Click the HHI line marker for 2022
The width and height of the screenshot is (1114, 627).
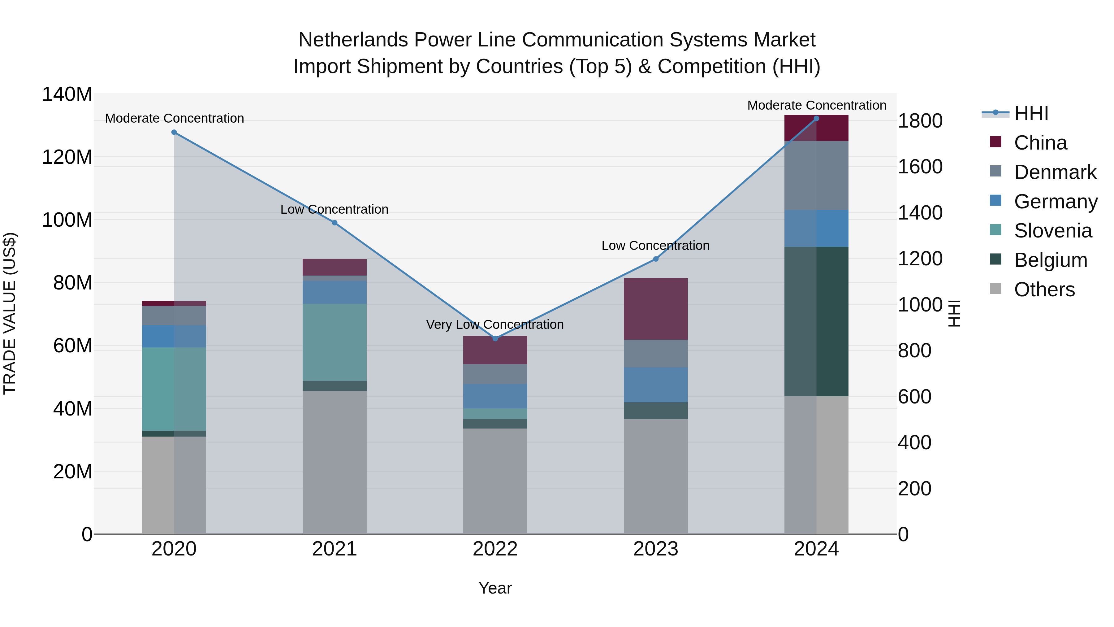pos(495,338)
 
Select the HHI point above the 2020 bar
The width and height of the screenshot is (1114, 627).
pos(174,132)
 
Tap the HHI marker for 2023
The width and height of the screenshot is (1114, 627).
pos(656,259)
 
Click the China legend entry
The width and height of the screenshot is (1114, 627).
pos(1040,143)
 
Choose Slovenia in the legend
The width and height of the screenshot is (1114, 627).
pos(1053,231)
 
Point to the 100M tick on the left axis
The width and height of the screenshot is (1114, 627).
pos(67,220)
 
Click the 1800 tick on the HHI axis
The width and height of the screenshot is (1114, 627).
pos(920,121)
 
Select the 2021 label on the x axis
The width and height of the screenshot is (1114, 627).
pos(334,549)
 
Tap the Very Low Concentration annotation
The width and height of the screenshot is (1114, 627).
pos(495,324)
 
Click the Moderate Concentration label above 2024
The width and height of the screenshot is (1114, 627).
pos(817,105)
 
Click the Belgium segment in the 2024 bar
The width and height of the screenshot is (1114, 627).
pos(817,321)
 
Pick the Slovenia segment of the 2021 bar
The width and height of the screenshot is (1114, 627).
pos(334,342)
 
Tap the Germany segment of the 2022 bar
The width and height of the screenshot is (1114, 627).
pos(495,396)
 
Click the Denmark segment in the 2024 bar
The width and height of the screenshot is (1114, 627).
pos(817,175)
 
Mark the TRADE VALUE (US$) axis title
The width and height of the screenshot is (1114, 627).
pos(10,313)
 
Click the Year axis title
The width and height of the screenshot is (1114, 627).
pos(495,588)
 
